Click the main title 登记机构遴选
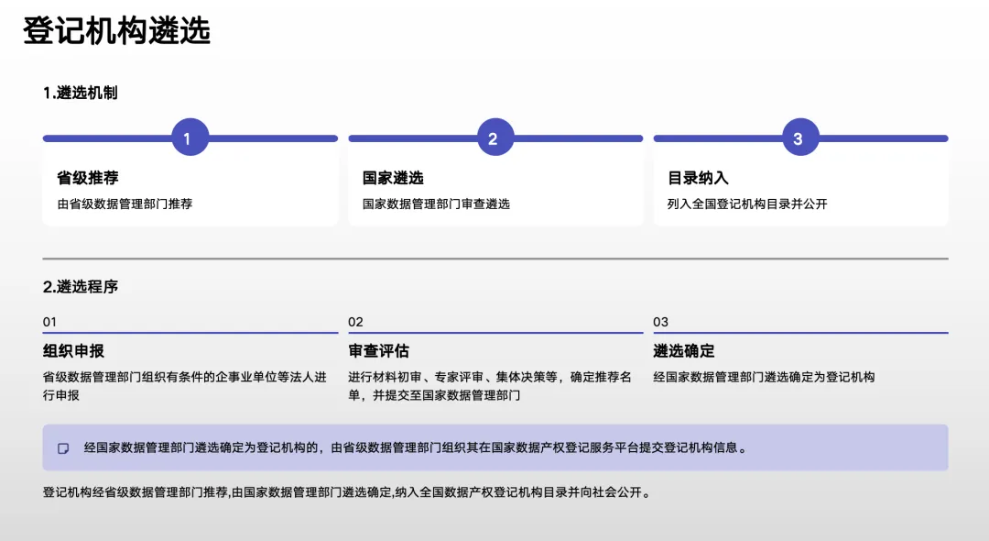tap(116, 31)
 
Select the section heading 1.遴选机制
tap(80, 93)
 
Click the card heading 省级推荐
tap(88, 178)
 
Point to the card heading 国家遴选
tap(393, 178)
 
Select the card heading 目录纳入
tap(698, 178)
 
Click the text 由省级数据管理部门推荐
tap(125, 204)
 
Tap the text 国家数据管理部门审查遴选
tap(436, 204)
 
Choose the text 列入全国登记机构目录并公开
tap(747, 204)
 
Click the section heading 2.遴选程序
tap(81, 287)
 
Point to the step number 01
tap(49, 322)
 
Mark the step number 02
tap(355, 322)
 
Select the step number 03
tap(660, 322)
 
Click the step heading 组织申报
tap(73, 351)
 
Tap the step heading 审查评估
tap(378, 351)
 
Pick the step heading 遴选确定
tap(684, 351)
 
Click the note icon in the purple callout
tap(63, 448)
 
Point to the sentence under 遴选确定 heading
tap(764, 377)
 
